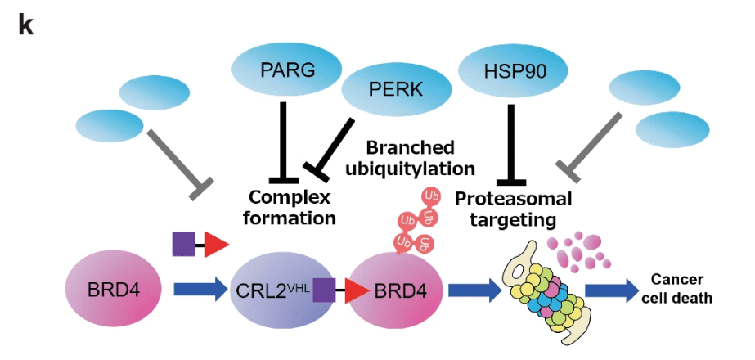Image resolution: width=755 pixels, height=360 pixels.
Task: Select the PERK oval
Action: (397, 88)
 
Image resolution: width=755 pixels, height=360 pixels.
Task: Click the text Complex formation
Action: (292, 207)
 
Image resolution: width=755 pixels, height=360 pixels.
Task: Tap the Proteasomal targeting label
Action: (513, 209)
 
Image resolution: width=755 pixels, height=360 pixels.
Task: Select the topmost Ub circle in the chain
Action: (429, 197)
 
